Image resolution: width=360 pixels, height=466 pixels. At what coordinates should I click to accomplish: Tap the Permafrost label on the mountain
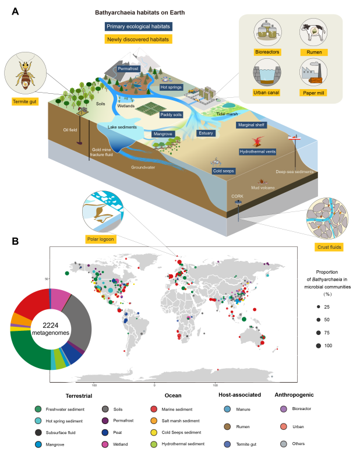click(x=128, y=69)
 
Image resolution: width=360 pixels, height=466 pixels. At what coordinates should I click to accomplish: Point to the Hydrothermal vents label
click(x=257, y=151)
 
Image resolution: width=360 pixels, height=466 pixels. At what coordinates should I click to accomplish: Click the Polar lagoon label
click(x=100, y=239)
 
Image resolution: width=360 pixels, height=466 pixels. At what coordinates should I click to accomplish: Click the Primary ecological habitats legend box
click(x=138, y=26)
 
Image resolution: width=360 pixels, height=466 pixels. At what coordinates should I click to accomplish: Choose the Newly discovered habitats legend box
click(x=137, y=40)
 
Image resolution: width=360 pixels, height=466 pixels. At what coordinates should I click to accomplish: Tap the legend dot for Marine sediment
click(x=170, y=409)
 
